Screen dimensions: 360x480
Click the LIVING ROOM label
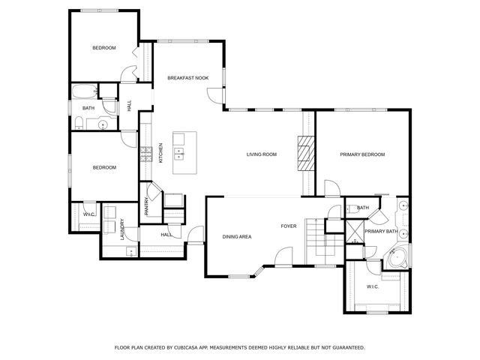click(262, 154)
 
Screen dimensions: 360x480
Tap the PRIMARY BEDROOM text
click(362, 154)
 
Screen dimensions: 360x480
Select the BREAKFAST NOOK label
click(187, 78)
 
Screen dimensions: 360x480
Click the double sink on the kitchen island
click(180, 154)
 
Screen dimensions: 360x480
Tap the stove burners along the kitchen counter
click(145, 154)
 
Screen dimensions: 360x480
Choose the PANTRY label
click(147, 206)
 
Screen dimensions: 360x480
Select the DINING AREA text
click(237, 237)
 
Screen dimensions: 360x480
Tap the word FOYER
click(289, 226)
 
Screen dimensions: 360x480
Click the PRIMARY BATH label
click(381, 232)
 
